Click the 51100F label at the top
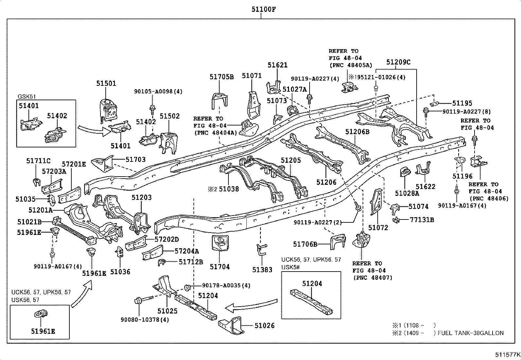(263, 9)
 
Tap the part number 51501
(106, 83)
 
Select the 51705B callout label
(222, 77)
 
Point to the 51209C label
(398, 62)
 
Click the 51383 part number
(262, 269)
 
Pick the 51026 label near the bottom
(264, 325)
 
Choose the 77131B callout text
(422, 219)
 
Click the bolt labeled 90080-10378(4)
(144, 299)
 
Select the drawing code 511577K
(508, 354)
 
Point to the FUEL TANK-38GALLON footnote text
(470, 333)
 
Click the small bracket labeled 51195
(434, 104)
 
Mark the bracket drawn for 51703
(102, 163)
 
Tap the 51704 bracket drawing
(220, 243)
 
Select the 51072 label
(378, 228)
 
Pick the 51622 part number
(425, 186)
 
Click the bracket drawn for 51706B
(338, 241)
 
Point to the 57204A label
(187, 251)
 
